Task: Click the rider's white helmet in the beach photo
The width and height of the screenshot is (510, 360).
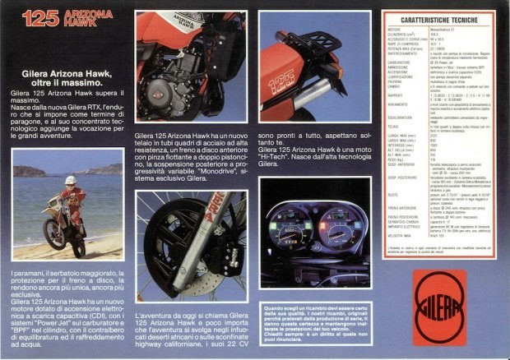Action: click(x=70, y=181)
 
